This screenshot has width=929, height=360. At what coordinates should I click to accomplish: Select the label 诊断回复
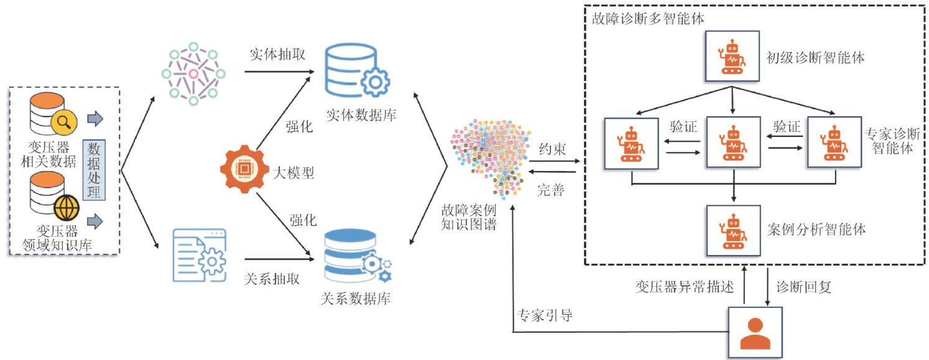804,287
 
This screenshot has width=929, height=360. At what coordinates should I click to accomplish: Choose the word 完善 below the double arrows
551,190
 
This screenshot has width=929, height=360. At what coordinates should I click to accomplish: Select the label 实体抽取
277,54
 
